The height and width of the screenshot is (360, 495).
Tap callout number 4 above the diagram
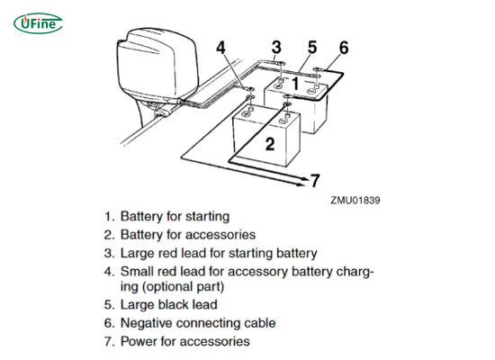[x=222, y=47]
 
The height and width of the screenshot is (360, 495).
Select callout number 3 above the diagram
[x=276, y=46]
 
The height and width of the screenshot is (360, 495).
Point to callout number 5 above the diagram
[x=311, y=46]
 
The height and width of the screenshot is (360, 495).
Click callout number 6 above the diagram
[x=343, y=47]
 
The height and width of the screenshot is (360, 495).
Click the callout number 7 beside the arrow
[x=316, y=181]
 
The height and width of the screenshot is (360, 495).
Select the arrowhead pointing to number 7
[x=301, y=180]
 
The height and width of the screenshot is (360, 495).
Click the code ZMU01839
[x=355, y=199]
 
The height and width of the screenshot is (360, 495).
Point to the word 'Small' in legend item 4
[x=138, y=271]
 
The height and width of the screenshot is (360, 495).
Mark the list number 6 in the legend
[x=107, y=323]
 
